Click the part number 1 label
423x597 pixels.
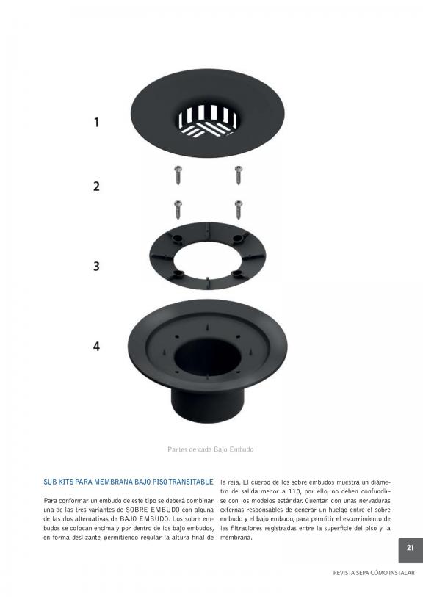(x=97, y=122)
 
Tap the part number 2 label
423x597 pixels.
(x=97, y=187)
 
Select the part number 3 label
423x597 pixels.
(x=97, y=266)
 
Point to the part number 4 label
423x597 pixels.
(x=97, y=346)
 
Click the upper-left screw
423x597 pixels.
(x=178, y=175)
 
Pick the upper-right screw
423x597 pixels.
(x=239, y=175)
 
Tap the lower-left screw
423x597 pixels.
(x=178, y=210)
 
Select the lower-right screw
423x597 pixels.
(x=239, y=210)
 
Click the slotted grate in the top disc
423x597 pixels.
(x=208, y=120)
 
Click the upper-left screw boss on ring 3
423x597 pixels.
(x=176, y=239)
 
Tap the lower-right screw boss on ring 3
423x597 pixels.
(x=239, y=273)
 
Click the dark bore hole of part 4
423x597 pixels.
(x=208, y=356)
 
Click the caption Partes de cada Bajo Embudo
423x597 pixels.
(x=211, y=449)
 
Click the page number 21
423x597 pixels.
(x=410, y=548)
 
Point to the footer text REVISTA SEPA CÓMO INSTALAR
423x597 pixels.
(x=374, y=573)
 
